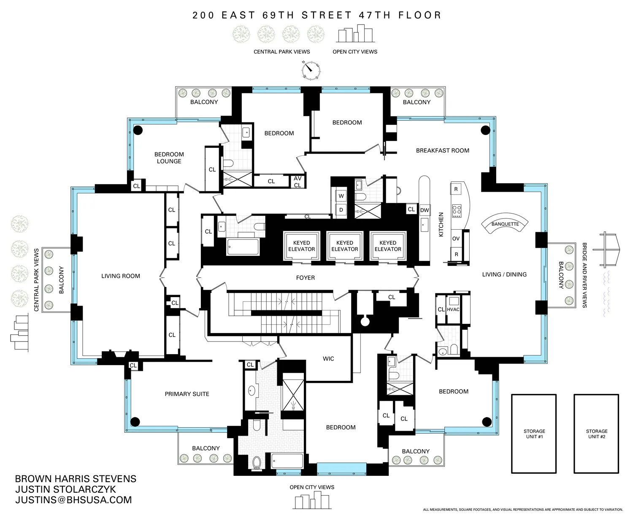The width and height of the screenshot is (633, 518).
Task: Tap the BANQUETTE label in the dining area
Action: [x=505, y=224]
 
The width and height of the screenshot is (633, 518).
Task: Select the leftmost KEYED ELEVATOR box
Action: [x=301, y=246]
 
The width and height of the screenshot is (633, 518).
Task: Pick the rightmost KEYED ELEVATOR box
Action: [x=388, y=246]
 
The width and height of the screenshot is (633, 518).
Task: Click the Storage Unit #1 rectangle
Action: [x=534, y=434]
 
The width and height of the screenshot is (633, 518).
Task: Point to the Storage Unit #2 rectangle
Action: [x=596, y=434]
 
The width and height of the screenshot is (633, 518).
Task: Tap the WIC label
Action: [x=328, y=359]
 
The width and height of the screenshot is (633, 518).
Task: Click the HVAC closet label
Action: [x=453, y=309]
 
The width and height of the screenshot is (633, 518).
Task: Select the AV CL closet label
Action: [x=298, y=182]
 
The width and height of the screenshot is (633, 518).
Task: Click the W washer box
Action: [x=341, y=196]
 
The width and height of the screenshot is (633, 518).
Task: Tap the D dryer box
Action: [x=341, y=210]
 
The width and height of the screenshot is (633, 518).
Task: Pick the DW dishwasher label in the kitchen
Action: [x=424, y=210]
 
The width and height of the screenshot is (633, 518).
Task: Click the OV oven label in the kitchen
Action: [x=456, y=239]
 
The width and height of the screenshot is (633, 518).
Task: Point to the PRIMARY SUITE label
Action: [x=187, y=394]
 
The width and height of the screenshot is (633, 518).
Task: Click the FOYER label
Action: [x=305, y=278]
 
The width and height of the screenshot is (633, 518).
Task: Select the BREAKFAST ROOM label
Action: [x=442, y=150]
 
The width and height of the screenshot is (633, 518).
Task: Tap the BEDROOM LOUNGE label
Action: [x=169, y=158]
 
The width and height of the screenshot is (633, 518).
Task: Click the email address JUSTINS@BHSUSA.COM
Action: [x=73, y=500]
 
